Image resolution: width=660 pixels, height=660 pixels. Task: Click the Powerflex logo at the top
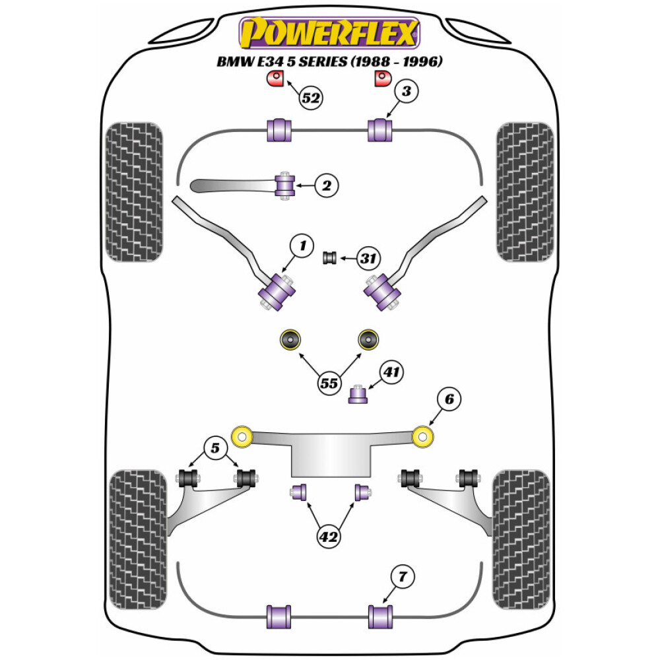[329, 33]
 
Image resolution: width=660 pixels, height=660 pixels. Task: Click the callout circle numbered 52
[310, 98]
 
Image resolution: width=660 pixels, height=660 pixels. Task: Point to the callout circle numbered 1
[302, 247]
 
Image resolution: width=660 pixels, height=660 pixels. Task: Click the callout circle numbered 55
[330, 382]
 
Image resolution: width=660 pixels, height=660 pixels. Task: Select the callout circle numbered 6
[449, 399]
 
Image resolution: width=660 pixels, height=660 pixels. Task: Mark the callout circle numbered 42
[328, 537]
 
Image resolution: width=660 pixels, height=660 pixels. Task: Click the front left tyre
[135, 191]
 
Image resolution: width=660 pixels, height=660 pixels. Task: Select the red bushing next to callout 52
[273, 80]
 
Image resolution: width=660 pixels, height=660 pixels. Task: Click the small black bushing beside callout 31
[330, 257]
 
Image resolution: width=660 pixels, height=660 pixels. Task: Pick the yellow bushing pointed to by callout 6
[422, 436]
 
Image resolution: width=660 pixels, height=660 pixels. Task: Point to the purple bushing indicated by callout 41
[358, 394]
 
